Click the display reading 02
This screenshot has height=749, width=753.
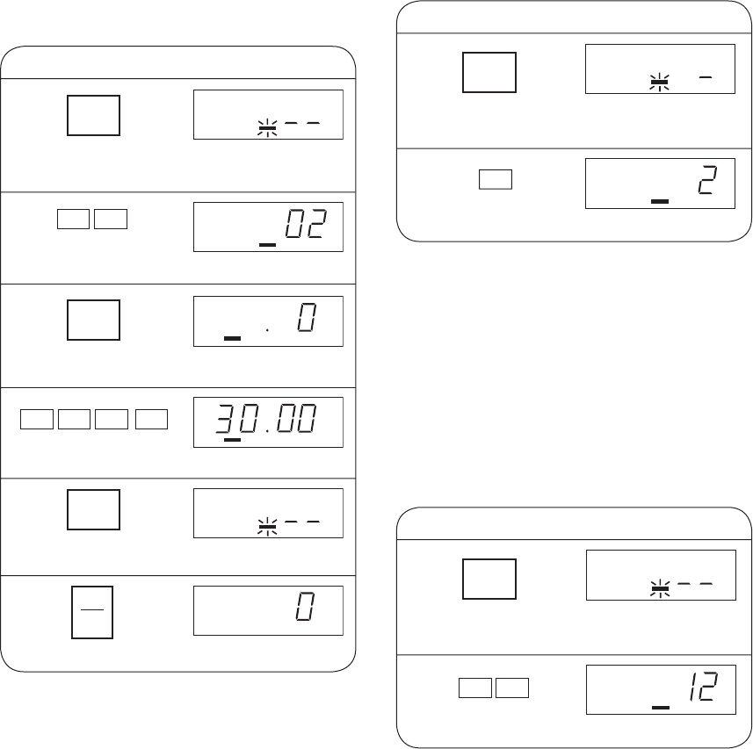click(268, 227)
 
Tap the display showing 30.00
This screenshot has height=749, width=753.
click(268, 422)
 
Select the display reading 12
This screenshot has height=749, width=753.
click(661, 689)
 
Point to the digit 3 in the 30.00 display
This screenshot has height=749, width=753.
click(224, 418)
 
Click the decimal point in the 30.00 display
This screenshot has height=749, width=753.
click(267, 430)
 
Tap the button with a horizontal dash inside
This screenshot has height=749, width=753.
click(92, 612)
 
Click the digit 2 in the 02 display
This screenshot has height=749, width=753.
click(318, 224)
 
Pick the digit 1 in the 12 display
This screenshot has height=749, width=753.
click(693, 686)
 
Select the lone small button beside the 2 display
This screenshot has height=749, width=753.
click(496, 179)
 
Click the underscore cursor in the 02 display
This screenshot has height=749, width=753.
click(267, 245)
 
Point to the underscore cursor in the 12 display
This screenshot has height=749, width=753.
click(661, 707)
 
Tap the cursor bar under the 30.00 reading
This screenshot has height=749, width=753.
click(233, 440)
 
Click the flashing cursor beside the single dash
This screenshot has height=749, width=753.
click(659, 82)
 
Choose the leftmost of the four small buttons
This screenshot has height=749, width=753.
click(37, 420)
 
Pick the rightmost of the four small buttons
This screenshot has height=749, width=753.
click(151, 420)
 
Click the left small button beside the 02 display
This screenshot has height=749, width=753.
click(73, 220)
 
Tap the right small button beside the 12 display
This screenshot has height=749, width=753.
click(512, 688)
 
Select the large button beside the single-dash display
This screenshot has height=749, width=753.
click(489, 73)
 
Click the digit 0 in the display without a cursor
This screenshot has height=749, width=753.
click(306, 607)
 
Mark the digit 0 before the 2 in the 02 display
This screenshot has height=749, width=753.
click(295, 224)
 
